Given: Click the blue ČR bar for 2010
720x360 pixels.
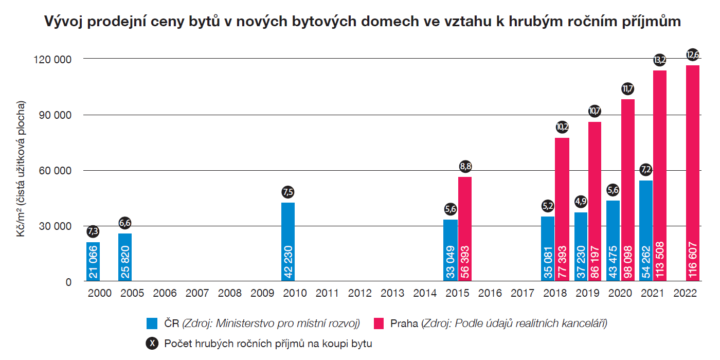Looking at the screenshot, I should coord(288,242).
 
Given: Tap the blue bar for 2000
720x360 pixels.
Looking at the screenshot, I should coord(93,262).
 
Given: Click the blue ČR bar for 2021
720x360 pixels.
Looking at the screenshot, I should coord(646,231).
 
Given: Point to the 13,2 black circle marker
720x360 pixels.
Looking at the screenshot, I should coord(660,60).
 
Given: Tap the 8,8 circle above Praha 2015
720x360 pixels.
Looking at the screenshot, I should coord(465,166).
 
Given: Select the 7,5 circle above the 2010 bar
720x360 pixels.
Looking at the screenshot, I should coord(288,192).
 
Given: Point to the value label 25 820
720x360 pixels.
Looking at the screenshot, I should coord(125,262).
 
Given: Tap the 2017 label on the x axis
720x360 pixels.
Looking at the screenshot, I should coord(523,294).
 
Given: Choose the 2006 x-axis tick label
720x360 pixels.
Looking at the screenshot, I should coord(165,294).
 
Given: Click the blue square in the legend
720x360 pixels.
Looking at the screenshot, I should coord(152,323).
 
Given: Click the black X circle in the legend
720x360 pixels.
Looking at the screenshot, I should coord(152,344).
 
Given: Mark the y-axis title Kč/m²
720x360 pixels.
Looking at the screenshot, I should coord(21,170).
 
